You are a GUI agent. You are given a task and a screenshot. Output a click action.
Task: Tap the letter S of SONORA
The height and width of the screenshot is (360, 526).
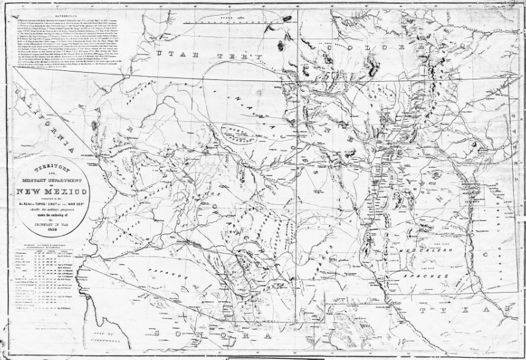point(156,332)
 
